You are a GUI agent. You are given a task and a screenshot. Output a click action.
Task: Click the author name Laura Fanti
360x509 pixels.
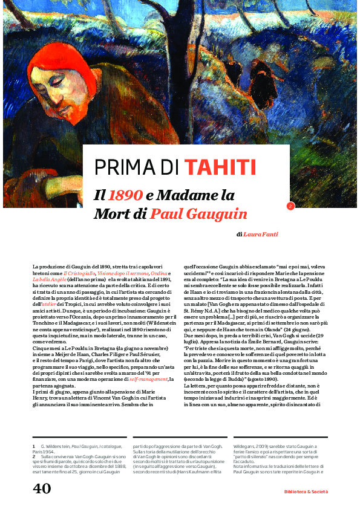tap(261, 234)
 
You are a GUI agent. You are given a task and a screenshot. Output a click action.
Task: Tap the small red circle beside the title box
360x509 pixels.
tap(290, 206)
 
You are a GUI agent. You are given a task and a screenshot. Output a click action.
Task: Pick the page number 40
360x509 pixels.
tap(42, 488)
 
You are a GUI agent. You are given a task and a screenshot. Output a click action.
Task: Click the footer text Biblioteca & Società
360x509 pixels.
tap(306, 491)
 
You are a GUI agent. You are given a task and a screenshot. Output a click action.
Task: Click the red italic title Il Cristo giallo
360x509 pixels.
tap(80, 274)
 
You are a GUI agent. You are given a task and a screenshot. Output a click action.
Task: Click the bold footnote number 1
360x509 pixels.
tap(34, 446)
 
